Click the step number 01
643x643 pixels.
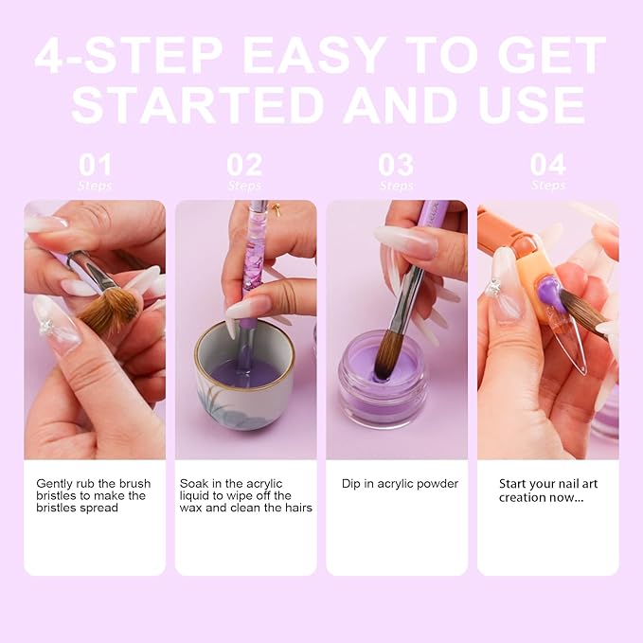(95, 165)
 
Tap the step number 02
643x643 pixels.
(245, 165)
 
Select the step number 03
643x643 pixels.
(396, 165)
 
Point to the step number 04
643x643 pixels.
(547, 165)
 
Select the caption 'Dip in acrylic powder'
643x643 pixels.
(400, 484)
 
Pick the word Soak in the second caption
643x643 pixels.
(195, 484)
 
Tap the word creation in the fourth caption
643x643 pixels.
(523, 497)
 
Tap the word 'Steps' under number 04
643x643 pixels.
(547, 186)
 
